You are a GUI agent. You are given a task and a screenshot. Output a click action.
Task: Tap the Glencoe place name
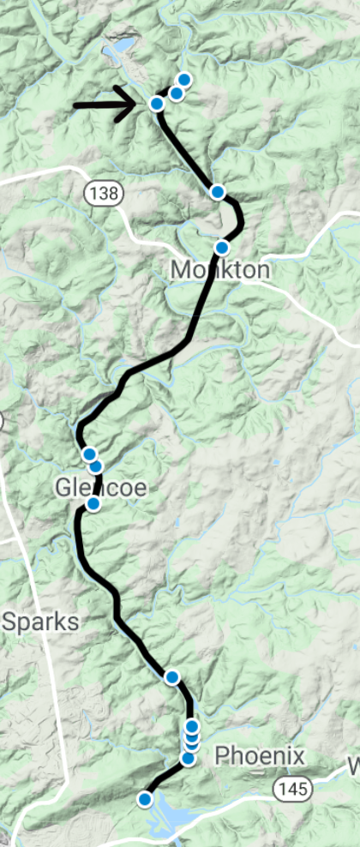pos(101,488)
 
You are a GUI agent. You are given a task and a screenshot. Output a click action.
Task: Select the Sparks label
pos(40,622)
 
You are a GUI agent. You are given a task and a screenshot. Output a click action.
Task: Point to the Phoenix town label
pos(259,756)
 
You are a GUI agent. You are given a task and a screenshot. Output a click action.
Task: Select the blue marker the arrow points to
pos(157,104)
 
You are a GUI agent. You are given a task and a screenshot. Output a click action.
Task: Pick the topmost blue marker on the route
pos(183,80)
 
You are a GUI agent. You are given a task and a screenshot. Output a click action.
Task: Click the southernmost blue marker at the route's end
pos(145,799)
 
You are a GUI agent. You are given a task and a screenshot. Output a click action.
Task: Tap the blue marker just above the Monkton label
pos(222,248)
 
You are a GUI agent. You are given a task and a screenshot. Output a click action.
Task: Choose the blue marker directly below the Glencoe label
pos(93,504)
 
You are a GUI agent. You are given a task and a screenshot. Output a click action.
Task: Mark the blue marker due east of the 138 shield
pos(218,191)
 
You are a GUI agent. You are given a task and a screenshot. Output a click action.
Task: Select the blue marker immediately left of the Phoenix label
pos(189,758)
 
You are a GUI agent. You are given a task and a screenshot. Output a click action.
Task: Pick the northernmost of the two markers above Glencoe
pos(88,454)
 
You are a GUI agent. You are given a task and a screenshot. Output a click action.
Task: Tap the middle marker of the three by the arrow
pos(176,93)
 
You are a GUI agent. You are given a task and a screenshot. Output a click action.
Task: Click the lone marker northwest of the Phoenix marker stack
pos(172,678)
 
